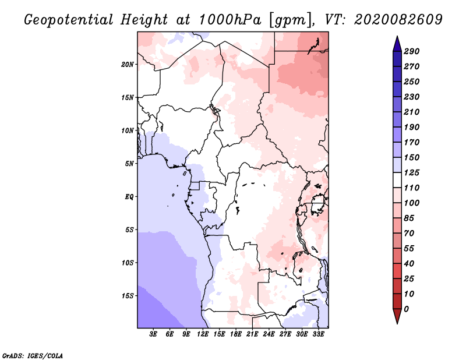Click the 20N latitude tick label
[x=128, y=65]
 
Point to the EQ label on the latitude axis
[x=129, y=197]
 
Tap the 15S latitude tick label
[x=128, y=296]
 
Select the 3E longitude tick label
[x=153, y=334]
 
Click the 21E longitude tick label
[x=252, y=334]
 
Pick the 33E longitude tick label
[x=318, y=334]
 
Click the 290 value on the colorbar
[x=411, y=51]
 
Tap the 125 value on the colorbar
[x=411, y=172]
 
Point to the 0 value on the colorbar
[x=406, y=309]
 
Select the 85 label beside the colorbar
[x=409, y=218]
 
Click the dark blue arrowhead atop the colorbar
[x=397, y=44]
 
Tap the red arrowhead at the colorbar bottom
[x=397, y=316]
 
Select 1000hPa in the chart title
[x=230, y=20]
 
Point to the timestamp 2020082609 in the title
[x=398, y=20]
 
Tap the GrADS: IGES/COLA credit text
[x=33, y=356]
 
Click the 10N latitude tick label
[x=128, y=130]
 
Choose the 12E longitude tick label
[x=202, y=334]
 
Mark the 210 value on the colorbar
[x=411, y=112]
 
